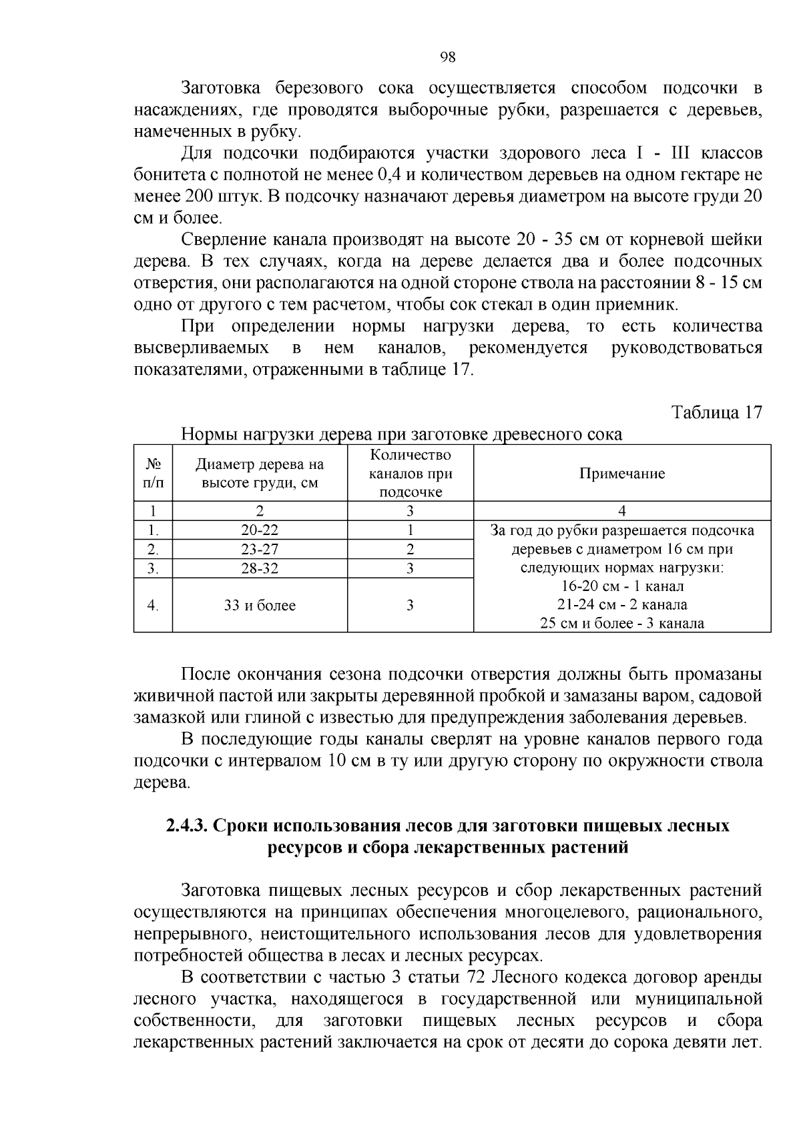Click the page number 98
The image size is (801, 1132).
pos(448,57)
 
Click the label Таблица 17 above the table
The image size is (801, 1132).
pos(716,412)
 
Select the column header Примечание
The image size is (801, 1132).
pos(621,474)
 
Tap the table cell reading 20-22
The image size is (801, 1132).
pos(260,530)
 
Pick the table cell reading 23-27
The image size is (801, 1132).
pos(260,550)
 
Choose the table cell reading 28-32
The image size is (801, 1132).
pos(260,568)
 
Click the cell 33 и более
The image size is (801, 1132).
pos(260,606)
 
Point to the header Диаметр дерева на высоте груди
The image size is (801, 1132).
pos(260,474)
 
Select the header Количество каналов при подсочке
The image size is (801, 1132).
pos(411,474)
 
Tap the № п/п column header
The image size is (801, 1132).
pos(154,474)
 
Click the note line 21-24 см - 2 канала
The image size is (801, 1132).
pos(621,605)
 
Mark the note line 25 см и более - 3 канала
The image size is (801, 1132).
pos(621,624)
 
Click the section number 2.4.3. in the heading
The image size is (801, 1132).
pos(187,826)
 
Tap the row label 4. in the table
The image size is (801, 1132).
pos(154,606)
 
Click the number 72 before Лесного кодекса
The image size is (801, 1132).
pos(481,978)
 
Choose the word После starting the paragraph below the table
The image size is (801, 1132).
pos(204,674)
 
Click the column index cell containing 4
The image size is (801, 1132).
pos(621,512)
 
